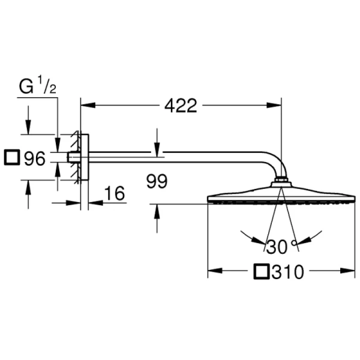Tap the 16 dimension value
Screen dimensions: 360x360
114,193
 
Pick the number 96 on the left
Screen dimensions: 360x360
35,158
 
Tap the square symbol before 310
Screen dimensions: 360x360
262,272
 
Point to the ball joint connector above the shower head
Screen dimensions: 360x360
281,181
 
